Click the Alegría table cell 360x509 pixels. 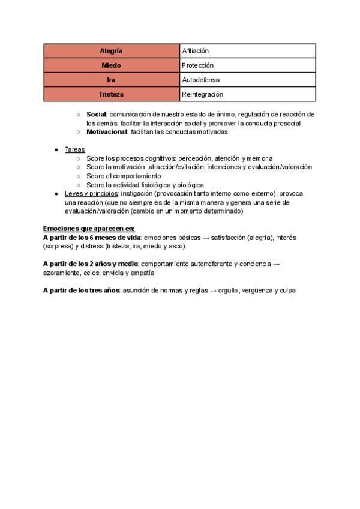pyautogui.click(x=111, y=51)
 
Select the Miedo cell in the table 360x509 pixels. pyautogui.click(x=111, y=65)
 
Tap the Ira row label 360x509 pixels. pyautogui.click(x=111, y=80)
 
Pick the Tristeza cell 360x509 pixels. pyautogui.click(x=111, y=94)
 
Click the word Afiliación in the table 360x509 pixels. pyautogui.click(x=196, y=51)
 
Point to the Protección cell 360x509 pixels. pyautogui.click(x=197, y=65)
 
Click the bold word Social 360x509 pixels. pyautogui.click(x=96, y=114)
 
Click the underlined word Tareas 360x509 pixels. pyautogui.click(x=75, y=149)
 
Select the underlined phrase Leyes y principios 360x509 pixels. pyautogui.click(x=92, y=194)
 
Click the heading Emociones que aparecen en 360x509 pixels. pyautogui.click(x=89, y=229)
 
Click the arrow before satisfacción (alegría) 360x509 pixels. pyautogui.click(x=206, y=238)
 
